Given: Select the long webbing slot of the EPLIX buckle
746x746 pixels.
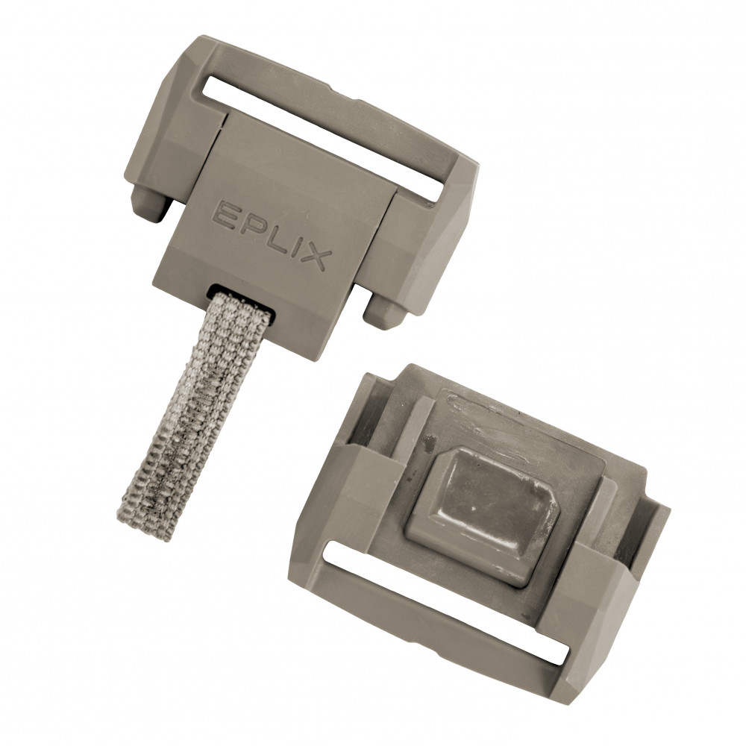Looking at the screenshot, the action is tap(324, 137).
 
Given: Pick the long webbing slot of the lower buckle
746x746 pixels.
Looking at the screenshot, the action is tap(446, 601).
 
